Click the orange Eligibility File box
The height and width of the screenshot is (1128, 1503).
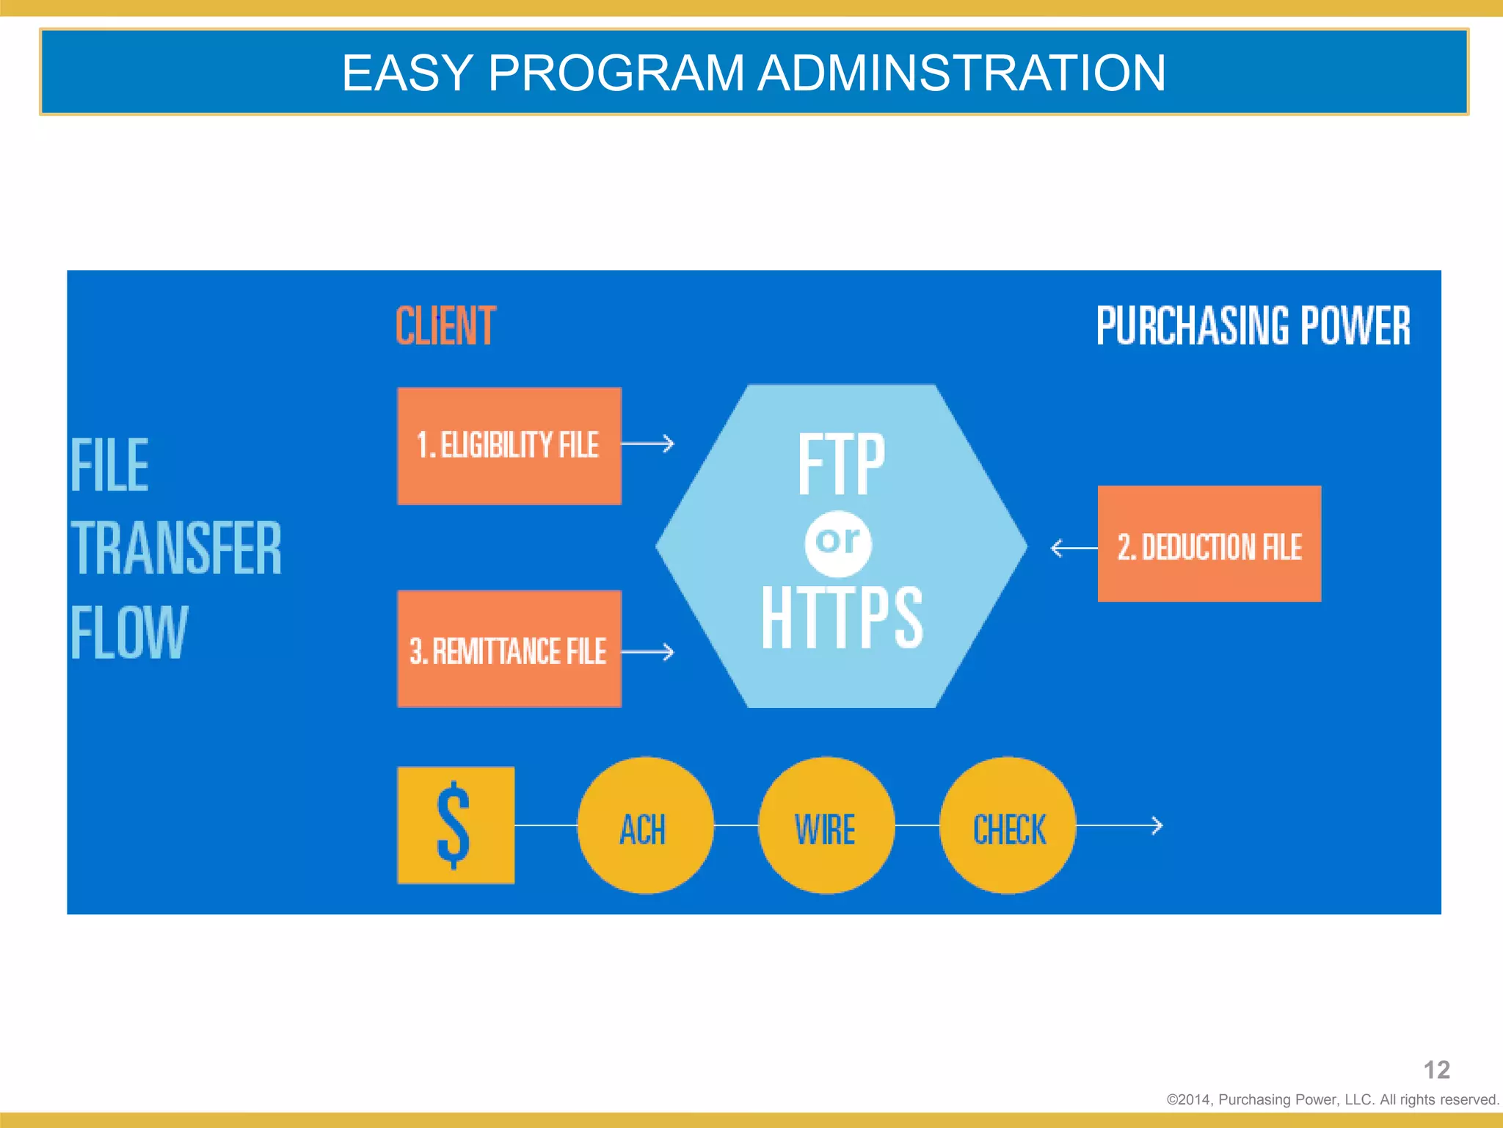(x=509, y=446)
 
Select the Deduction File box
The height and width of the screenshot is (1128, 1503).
(x=1209, y=544)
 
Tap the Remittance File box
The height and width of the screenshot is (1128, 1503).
(x=509, y=649)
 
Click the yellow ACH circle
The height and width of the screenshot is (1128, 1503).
(x=644, y=825)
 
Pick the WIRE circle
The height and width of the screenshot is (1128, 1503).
(x=826, y=825)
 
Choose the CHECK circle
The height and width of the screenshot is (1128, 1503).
(x=1008, y=825)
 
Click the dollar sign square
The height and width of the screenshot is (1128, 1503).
(x=455, y=825)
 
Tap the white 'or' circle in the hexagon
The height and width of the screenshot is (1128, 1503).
(x=838, y=543)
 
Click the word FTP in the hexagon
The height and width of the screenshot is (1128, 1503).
(x=841, y=464)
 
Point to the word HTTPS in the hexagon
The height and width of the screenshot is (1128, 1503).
(x=841, y=618)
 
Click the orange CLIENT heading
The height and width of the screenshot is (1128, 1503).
(x=445, y=326)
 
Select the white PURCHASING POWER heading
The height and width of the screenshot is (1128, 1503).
(x=1253, y=326)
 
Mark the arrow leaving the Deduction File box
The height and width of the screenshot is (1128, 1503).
(x=1072, y=548)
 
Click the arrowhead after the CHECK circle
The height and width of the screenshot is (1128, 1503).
(x=1156, y=825)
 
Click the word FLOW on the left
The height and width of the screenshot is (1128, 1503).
(x=129, y=632)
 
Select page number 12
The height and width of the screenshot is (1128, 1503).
(x=1436, y=1070)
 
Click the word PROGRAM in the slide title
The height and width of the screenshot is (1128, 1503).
(x=616, y=73)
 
